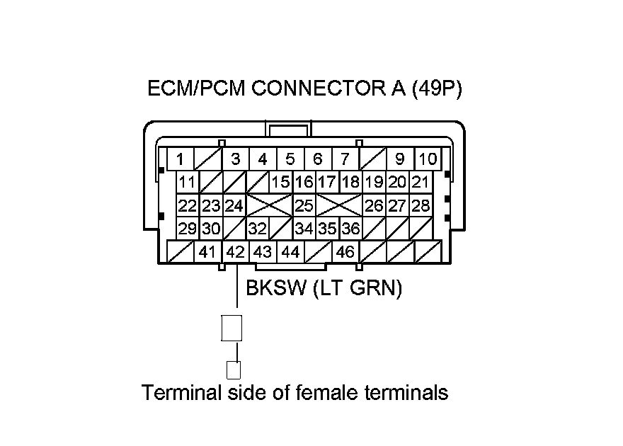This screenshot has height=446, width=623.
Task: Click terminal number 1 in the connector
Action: coord(180,159)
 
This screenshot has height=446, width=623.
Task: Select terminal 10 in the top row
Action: coord(427,159)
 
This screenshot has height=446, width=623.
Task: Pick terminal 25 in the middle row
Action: coord(304,206)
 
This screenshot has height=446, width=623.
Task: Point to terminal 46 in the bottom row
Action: coord(345,251)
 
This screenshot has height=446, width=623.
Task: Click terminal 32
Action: coord(257,229)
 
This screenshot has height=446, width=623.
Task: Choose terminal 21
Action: coord(421,183)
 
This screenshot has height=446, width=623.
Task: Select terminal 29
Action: coord(188,229)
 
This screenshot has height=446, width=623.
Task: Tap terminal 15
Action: coord(281,183)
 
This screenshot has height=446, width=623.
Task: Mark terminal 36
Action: coord(350,229)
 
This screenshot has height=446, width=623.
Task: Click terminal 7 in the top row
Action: coord(345,159)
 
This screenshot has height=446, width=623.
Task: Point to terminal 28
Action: coord(421,206)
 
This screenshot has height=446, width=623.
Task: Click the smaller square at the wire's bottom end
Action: coord(233,369)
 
